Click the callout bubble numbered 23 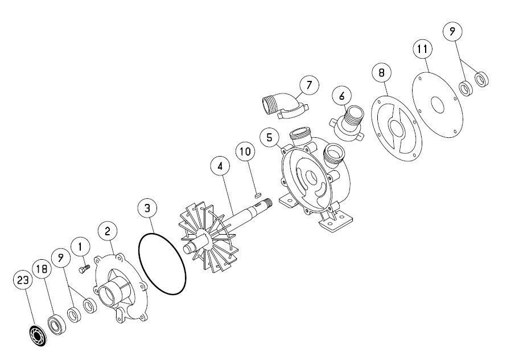(x=23, y=280)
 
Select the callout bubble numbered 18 (x=42, y=269)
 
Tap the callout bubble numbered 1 (x=80, y=247)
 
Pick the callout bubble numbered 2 (x=107, y=231)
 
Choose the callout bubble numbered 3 (x=147, y=208)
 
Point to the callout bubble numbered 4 (x=220, y=166)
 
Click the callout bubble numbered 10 (x=245, y=152)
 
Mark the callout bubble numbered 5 (x=269, y=137)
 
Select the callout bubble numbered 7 (x=309, y=85)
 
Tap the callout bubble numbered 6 (x=342, y=96)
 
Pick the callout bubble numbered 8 (x=381, y=72)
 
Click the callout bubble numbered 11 (x=423, y=50)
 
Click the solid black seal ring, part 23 (x=37, y=336)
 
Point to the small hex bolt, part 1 (x=84, y=268)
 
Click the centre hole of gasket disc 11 (x=438, y=105)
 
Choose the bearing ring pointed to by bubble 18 (x=56, y=325)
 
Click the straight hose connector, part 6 (x=347, y=123)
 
